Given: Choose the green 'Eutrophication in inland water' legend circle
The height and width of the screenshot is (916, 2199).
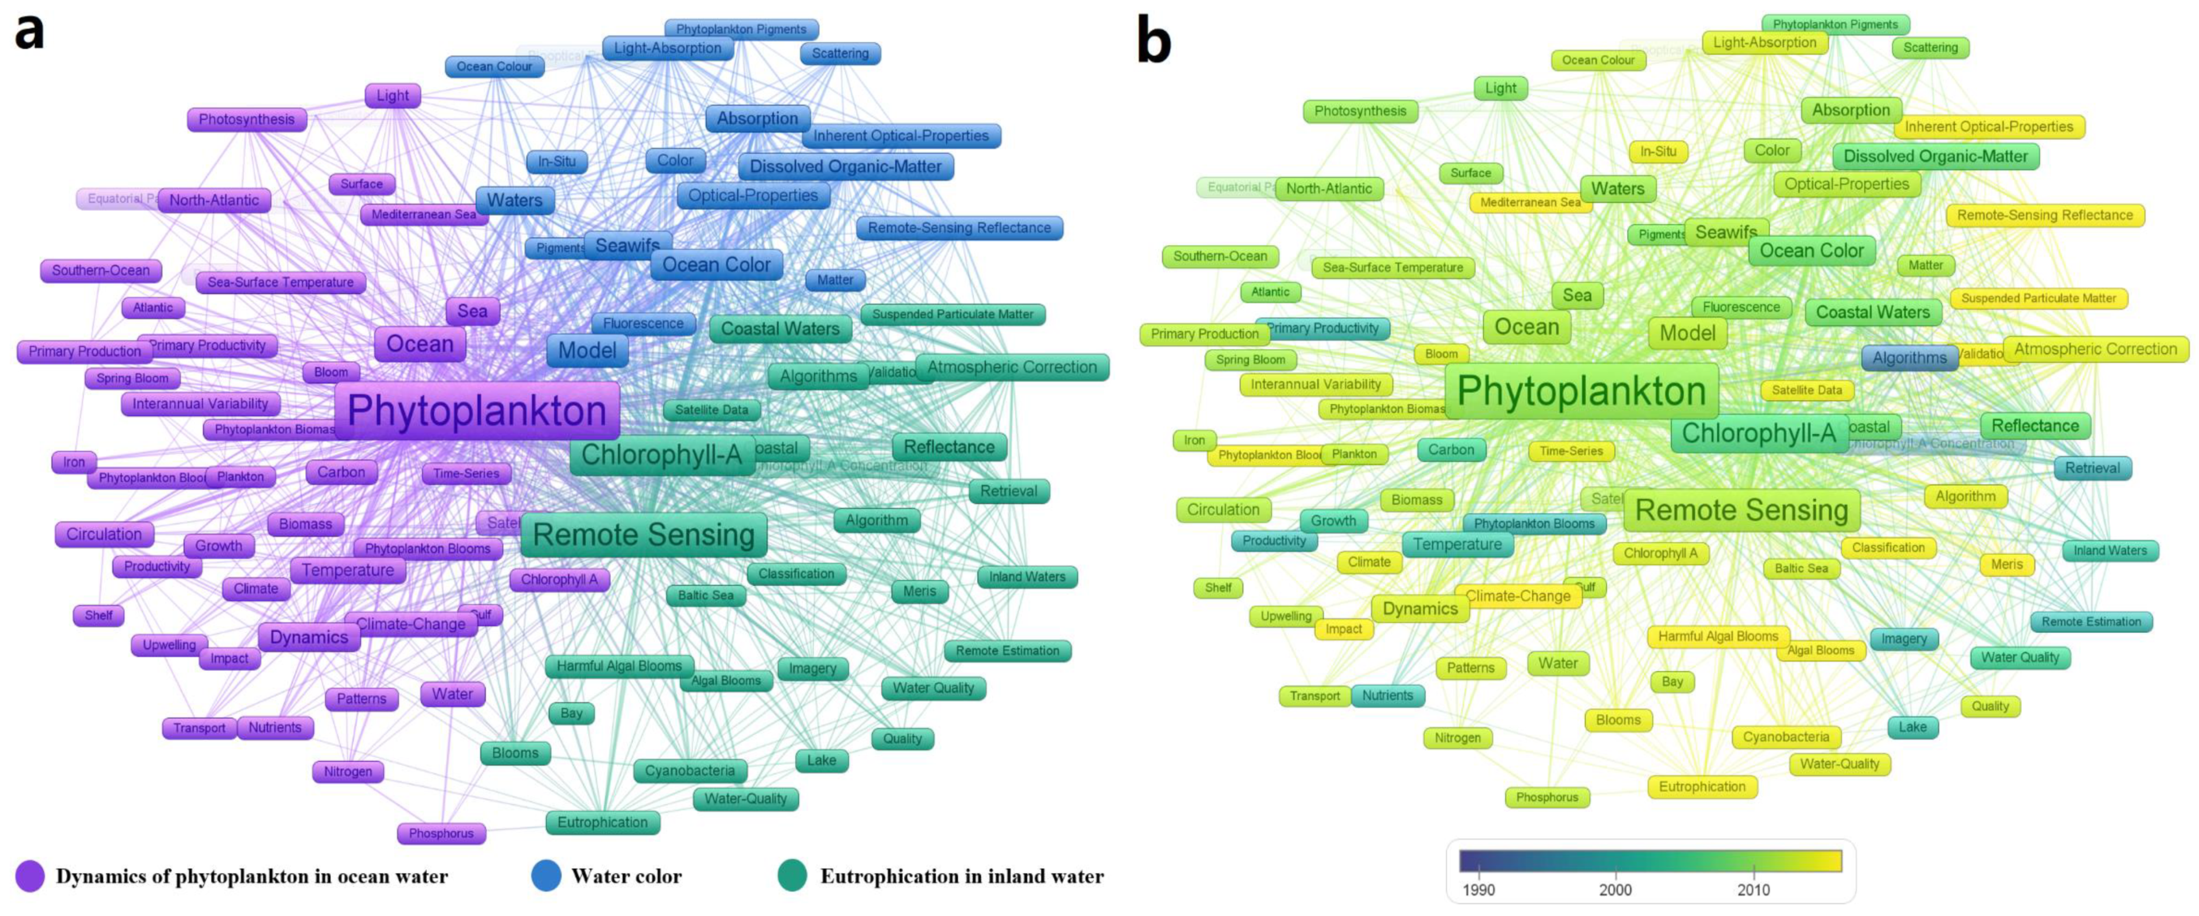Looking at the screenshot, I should click(792, 876).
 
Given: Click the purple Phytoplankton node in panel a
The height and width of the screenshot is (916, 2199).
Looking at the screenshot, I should click(477, 411).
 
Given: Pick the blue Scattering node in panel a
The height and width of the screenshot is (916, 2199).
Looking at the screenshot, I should click(840, 53).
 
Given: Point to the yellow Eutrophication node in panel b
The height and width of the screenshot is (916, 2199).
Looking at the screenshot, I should click(1702, 786).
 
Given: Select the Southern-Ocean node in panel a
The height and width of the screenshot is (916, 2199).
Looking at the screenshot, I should click(101, 270).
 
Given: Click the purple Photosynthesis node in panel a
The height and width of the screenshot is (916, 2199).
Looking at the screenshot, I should click(247, 120).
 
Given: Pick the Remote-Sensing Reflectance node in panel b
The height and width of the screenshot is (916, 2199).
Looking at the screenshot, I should click(2044, 215).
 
